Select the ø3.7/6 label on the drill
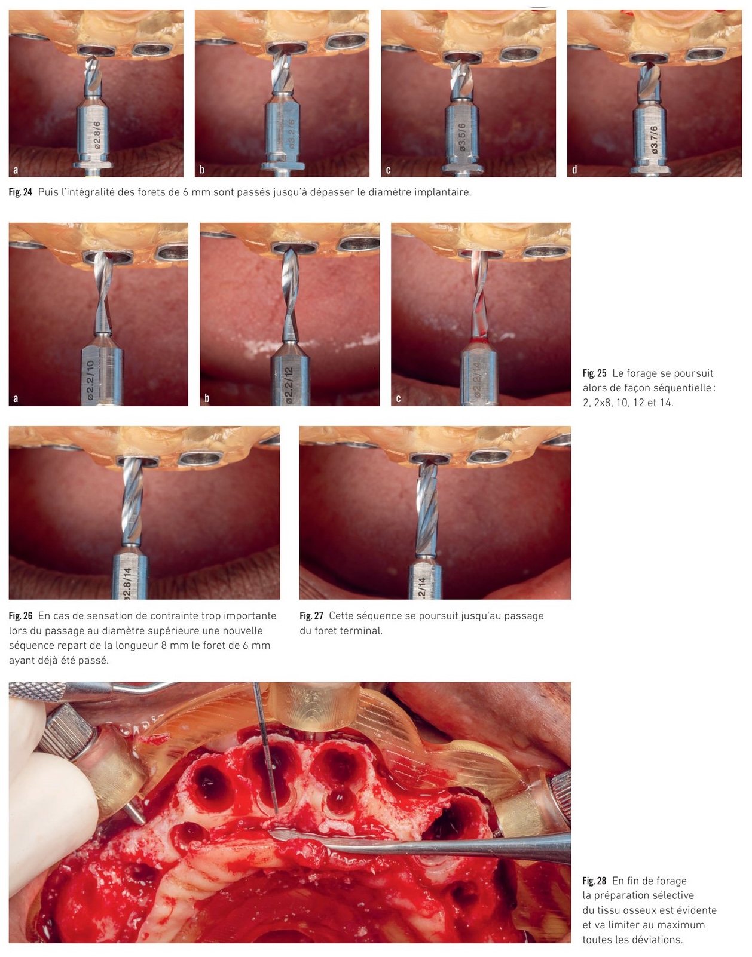(654, 140)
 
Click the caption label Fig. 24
(20, 192)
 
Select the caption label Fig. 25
(594, 373)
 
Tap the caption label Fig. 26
(20, 616)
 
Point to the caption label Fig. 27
(311, 616)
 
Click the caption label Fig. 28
(594, 881)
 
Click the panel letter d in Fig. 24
(574, 170)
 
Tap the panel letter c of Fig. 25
(398, 398)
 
